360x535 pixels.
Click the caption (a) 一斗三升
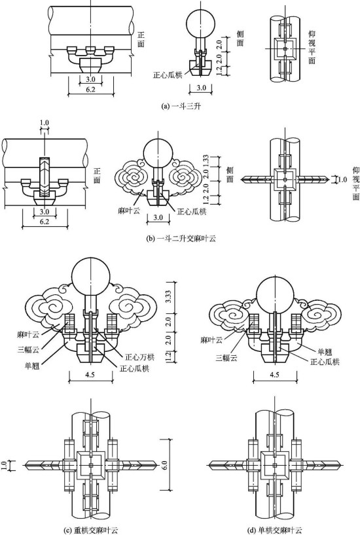coord(181,106)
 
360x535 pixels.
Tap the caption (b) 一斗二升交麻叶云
coord(181,238)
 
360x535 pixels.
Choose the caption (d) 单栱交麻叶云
coord(275,530)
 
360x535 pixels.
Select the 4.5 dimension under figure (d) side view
coord(274,375)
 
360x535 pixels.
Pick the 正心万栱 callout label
coord(139,357)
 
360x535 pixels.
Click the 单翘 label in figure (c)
coord(32,366)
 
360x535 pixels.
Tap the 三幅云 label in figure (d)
coord(226,358)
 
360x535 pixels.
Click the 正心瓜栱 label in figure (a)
coord(168,75)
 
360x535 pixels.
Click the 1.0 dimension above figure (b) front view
coord(45,122)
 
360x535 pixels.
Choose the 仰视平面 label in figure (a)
coord(312,47)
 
